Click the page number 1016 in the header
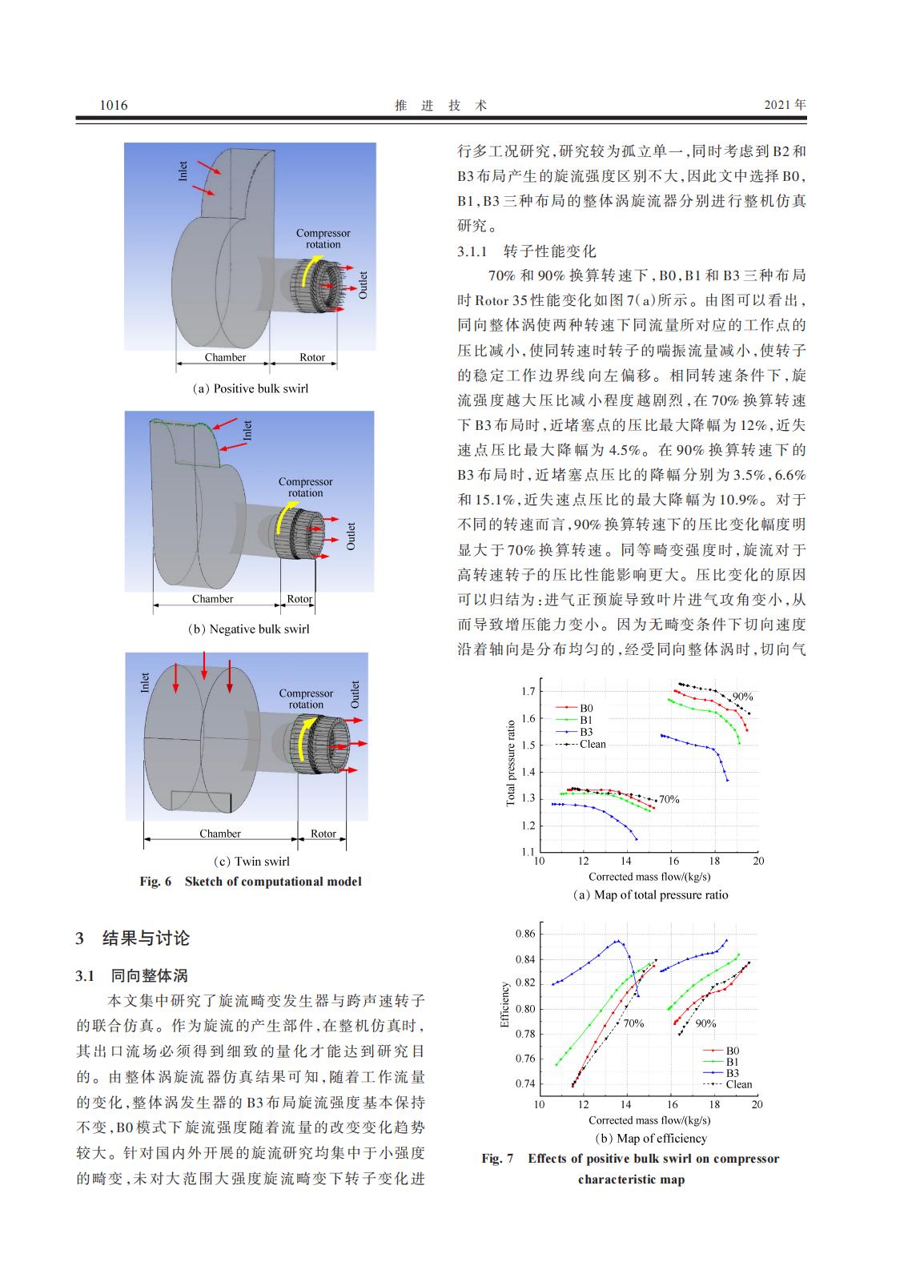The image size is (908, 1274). [114, 105]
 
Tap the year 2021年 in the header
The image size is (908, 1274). [785, 105]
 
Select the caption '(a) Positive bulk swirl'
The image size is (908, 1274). [250, 388]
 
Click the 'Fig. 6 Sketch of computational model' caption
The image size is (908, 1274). [251, 881]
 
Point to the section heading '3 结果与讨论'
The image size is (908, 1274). [133, 938]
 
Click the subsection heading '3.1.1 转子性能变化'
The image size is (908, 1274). [526, 251]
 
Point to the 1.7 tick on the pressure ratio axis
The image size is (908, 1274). [528, 691]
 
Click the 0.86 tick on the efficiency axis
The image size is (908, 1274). [525, 934]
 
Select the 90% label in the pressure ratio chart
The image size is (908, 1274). [742, 697]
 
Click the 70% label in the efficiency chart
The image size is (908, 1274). [633, 1023]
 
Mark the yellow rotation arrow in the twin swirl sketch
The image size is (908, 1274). [301, 737]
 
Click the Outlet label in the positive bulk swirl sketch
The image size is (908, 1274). [362, 285]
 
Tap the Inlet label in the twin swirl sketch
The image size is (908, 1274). [145, 682]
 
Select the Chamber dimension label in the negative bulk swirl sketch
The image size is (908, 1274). [212, 598]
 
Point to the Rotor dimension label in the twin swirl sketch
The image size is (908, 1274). [323, 833]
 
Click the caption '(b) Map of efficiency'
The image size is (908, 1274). [650, 1138]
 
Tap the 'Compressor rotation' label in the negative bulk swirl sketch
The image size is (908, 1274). [305, 487]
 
